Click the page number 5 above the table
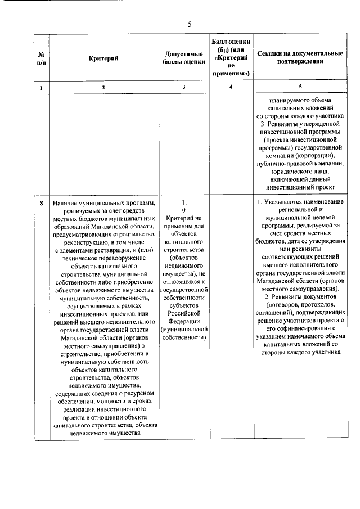coord(190,24)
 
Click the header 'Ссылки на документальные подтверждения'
coord(300,58)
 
